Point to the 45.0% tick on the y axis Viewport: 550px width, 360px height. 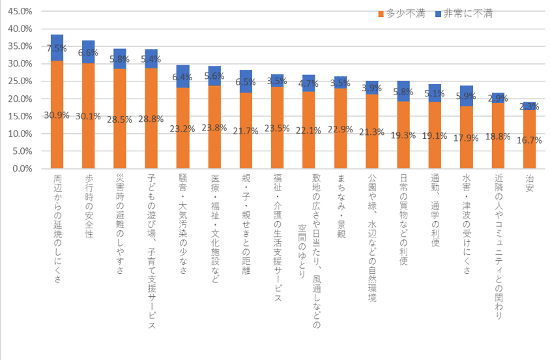pos(19,12)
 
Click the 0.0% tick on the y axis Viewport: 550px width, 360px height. pos(21,168)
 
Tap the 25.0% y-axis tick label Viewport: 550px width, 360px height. pos(19,82)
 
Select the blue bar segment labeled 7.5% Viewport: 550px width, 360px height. pos(57,48)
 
